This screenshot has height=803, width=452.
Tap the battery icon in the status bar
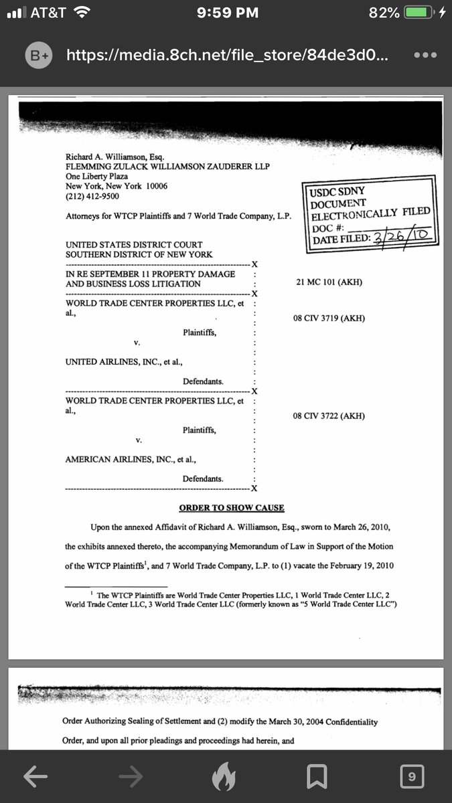coord(419,13)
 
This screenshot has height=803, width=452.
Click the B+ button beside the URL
coord(38,56)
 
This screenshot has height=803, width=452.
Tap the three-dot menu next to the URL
coord(425,56)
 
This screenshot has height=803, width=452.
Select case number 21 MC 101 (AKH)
coord(329,282)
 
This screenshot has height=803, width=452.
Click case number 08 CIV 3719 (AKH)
coord(329,318)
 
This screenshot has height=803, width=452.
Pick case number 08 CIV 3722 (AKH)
coord(329,416)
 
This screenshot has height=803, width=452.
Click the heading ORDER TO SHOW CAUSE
coord(232,508)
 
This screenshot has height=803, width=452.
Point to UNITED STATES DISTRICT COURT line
coord(134,245)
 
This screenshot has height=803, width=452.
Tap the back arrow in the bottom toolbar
coord(35,776)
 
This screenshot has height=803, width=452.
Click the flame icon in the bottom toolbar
coord(224,777)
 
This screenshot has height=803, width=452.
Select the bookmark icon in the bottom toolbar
coord(316,777)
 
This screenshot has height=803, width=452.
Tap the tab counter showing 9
coord(412,776)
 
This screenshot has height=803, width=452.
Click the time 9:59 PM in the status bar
coord(225,13)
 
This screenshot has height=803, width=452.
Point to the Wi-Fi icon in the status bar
coord(82,12)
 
